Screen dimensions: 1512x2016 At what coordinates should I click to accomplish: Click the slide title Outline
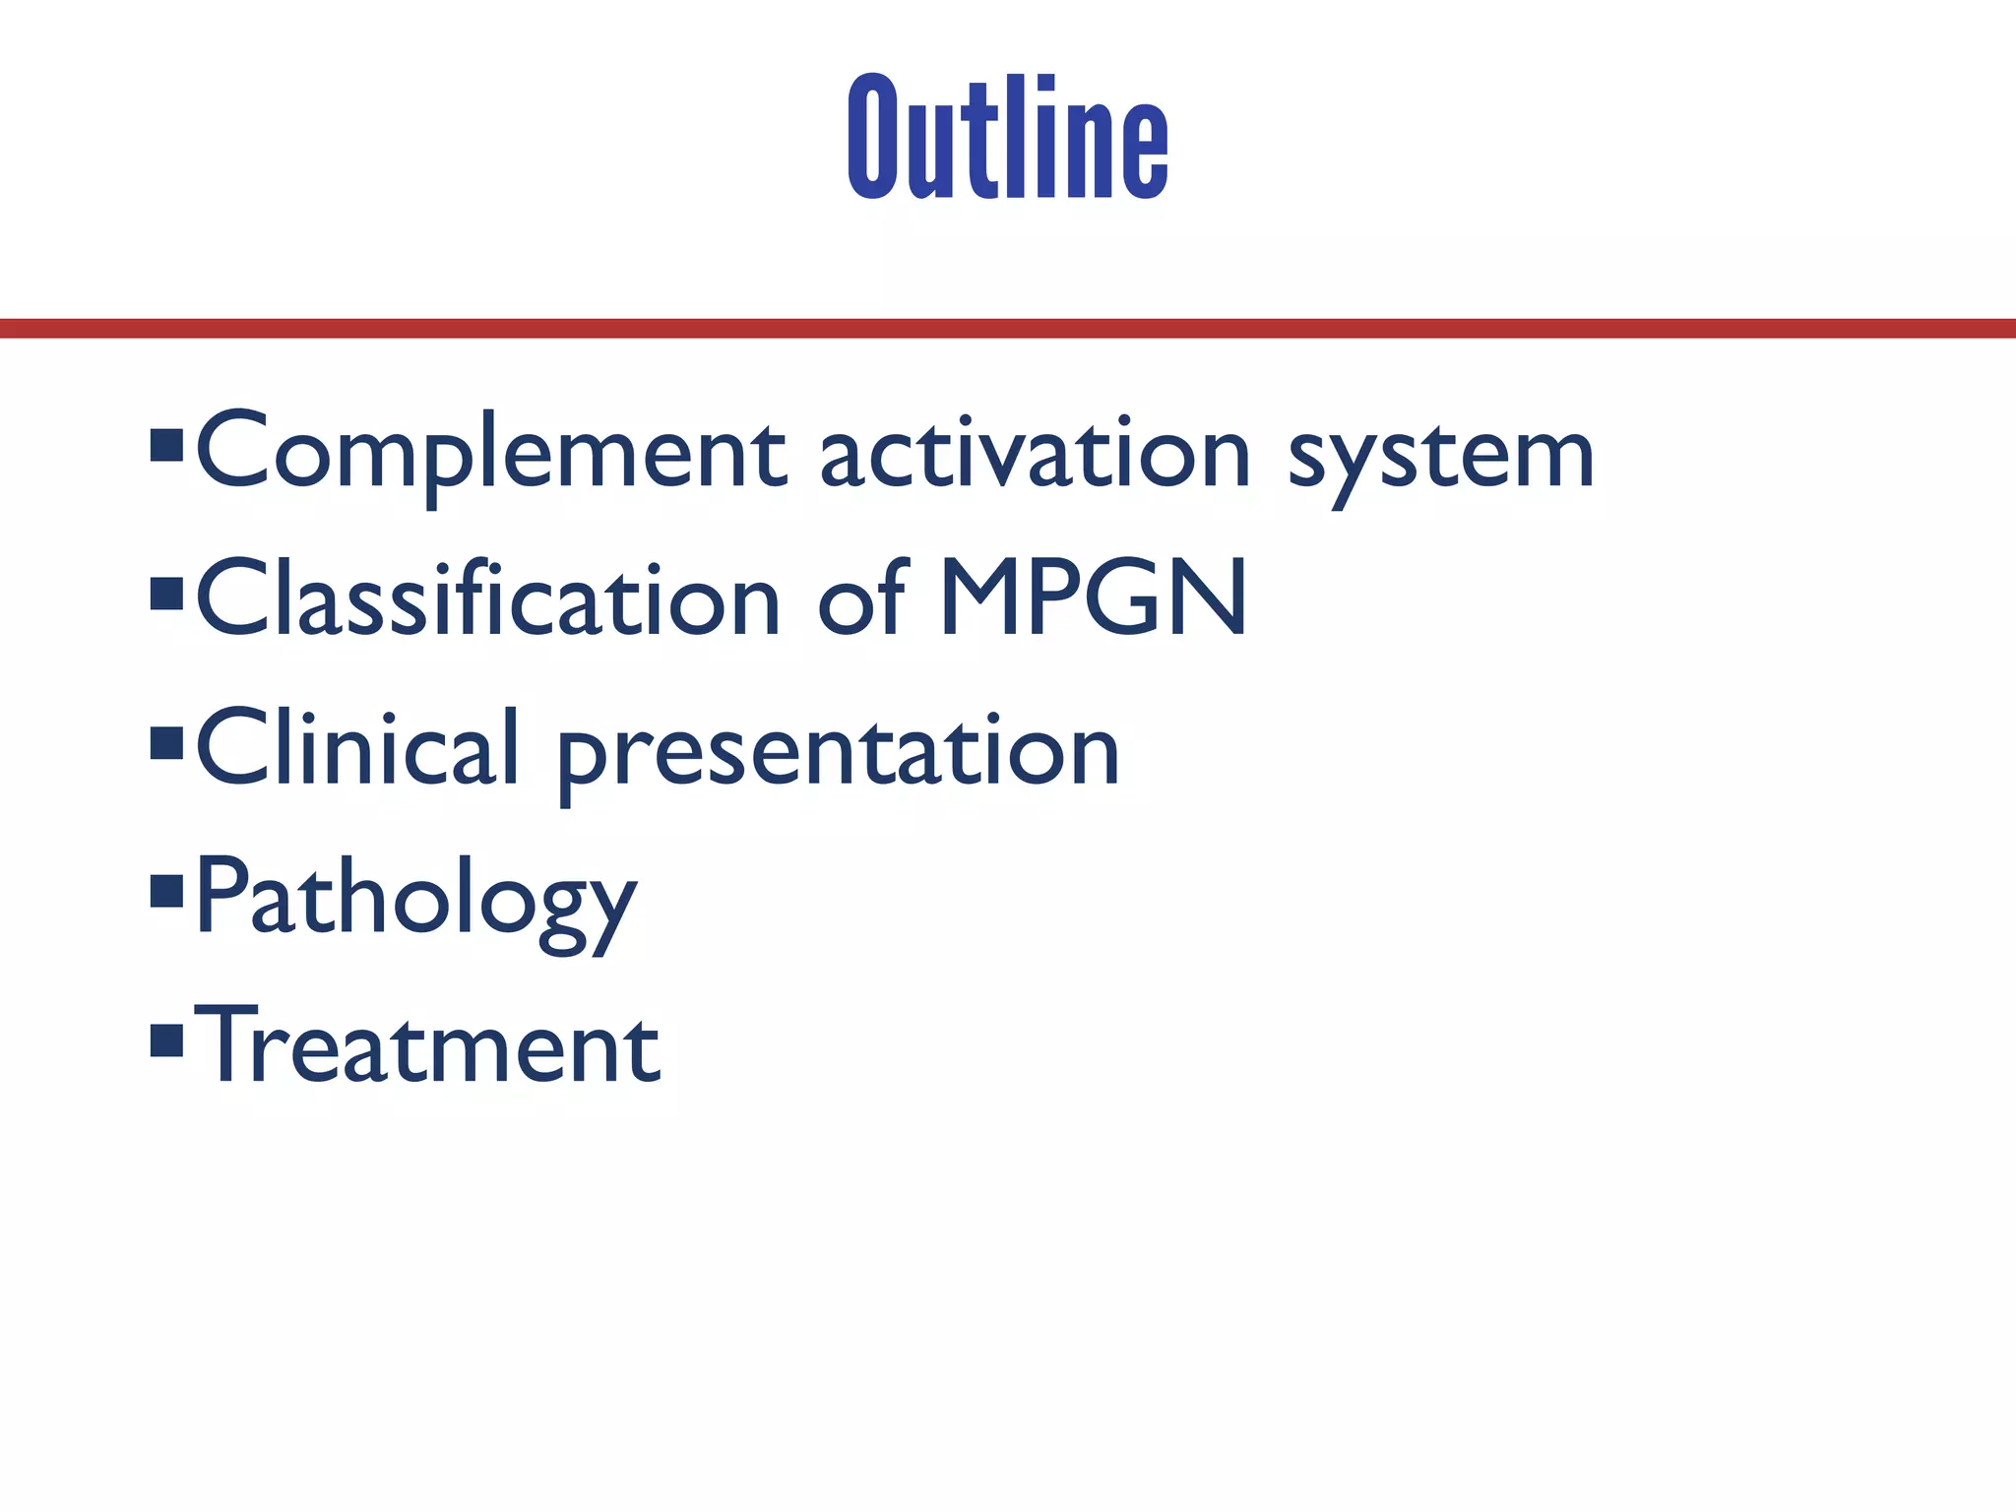[x=1008, y=138]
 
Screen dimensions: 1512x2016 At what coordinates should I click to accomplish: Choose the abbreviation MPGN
[x=1094, y=598]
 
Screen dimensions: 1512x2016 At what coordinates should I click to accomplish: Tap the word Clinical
[x=357, y=748]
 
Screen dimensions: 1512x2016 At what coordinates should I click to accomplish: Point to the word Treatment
[x=427, y=1045]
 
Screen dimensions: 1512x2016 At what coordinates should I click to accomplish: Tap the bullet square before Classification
[x=167, y=594]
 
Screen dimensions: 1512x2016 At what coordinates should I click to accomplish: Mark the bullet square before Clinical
[x=167, y=743]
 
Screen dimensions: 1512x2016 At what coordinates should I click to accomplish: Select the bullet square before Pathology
[x=167, y=891]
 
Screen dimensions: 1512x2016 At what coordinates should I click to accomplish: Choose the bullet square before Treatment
[x=167, y=1039]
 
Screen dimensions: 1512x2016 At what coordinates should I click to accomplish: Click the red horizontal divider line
[x=1008, y=329]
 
